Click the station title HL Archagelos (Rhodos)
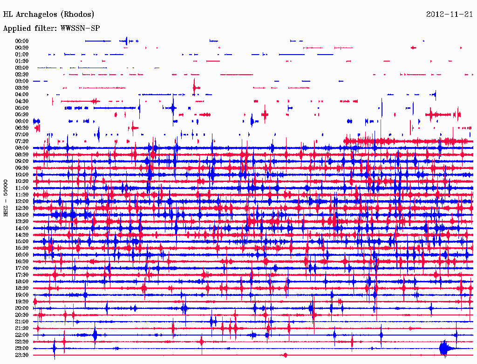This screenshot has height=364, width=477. coord(48,14)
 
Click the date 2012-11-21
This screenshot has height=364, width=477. coord(449,14)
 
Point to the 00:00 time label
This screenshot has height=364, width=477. coord(22,41)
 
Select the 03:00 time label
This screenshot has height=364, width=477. coord(22,81)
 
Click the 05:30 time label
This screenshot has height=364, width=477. coord(22,114)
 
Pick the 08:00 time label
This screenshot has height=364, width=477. coord(22,148)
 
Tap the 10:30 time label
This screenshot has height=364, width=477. coord(22,181)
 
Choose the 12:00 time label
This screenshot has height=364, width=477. coord(22,201)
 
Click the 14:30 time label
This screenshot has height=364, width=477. coord(22,235)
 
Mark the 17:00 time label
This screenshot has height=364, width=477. coord(22,268)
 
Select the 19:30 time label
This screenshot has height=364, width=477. coord(22,301)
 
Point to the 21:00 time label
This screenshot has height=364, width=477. coord(22,322)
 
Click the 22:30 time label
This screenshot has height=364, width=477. coord(22,342)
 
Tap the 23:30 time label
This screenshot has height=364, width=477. coord(22,355)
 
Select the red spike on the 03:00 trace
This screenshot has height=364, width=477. coord(195,86)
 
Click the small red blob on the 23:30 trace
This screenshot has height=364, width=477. coord(285,355)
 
